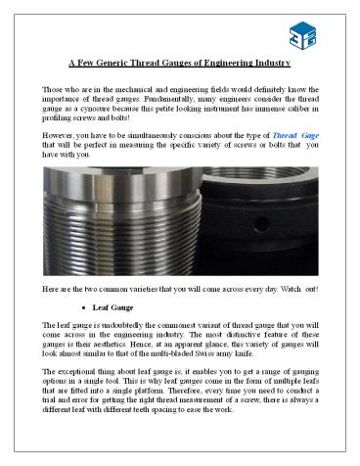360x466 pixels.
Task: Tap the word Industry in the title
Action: tap(269, 64)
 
